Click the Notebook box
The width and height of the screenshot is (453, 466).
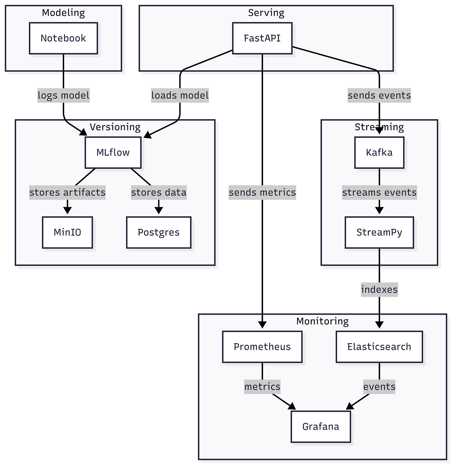point(63,38)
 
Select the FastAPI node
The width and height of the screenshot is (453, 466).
point(262,38)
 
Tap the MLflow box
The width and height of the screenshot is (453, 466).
point(113,153)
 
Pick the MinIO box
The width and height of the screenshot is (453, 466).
point(67,232)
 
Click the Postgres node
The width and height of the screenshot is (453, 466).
point(159,232)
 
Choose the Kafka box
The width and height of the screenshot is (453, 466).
point(379,153)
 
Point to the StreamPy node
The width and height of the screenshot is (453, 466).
point(379,232)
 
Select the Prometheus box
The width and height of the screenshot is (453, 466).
point(262,347)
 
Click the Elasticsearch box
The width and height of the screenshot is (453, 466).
point(379,347)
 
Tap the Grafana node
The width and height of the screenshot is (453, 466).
point(320,427)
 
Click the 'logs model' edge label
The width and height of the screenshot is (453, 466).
point(63,95)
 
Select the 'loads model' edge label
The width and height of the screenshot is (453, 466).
point(180,95)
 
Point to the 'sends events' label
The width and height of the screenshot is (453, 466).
point(379,95)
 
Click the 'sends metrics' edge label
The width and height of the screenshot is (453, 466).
point(262,192)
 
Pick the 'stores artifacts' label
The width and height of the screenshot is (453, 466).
point(67,192)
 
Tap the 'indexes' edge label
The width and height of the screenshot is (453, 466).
point(379,290)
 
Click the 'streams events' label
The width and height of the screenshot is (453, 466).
point(379,192)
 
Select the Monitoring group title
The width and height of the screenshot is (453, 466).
point(322,321)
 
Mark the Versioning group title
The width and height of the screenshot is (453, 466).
point(115,127)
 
